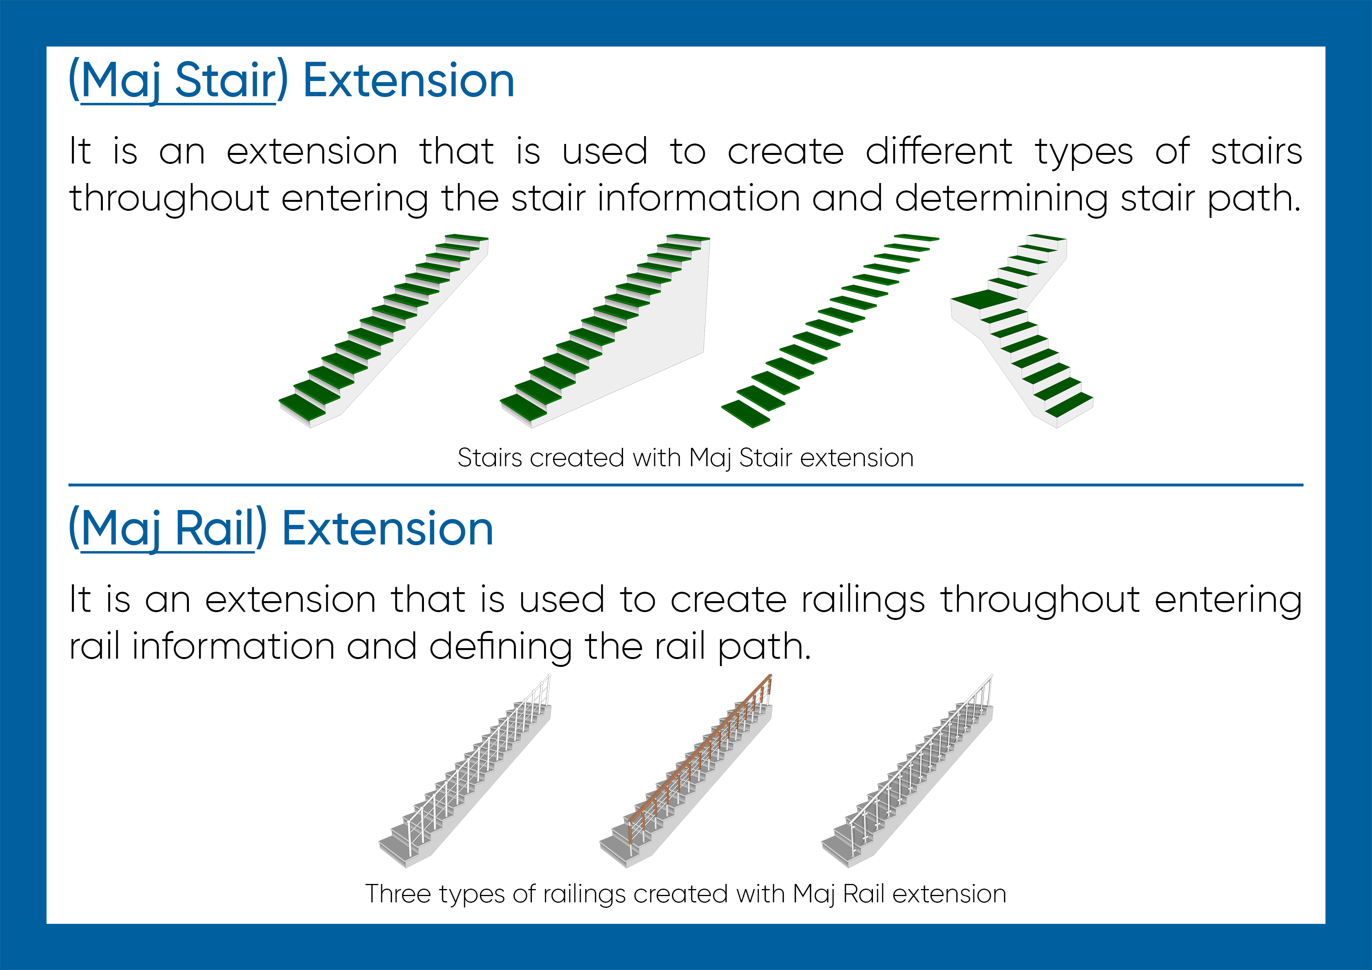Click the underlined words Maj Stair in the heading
point(178,81)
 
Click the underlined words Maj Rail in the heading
point(168,530)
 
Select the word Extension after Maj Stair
point(409,80)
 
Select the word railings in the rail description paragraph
point(862,600)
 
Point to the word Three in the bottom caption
point(398,893)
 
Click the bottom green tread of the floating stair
point(746,413)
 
